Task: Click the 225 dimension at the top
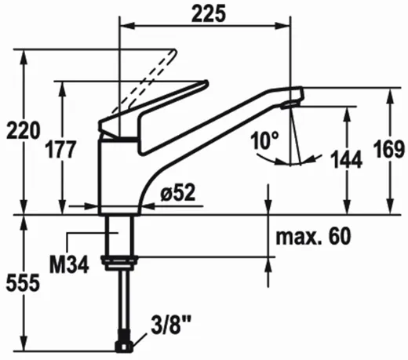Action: point(208,14)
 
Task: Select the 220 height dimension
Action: point(24,130)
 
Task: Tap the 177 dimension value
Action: point(60,150)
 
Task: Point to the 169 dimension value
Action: point(389,149)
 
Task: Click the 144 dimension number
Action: point(346,159)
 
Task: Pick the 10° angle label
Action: point(264,140)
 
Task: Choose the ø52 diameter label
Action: point(178,193)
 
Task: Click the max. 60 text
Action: point(313,236)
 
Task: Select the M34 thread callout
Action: point(69,264)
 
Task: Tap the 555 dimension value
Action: point(23,282)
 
